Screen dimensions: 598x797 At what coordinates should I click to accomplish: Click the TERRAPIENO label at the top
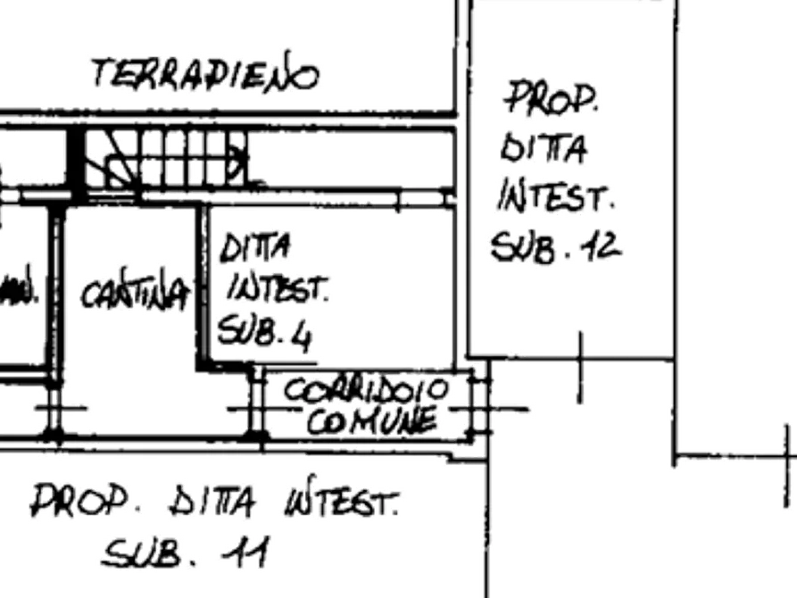[203, 75]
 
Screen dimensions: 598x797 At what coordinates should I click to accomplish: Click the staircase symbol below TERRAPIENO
[166, 161]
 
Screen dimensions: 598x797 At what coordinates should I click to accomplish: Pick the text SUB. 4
[265, 333]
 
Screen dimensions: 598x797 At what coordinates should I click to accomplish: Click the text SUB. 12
[554, 245]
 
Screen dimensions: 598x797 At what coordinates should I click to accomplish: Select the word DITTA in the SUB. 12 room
[544, 146]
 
